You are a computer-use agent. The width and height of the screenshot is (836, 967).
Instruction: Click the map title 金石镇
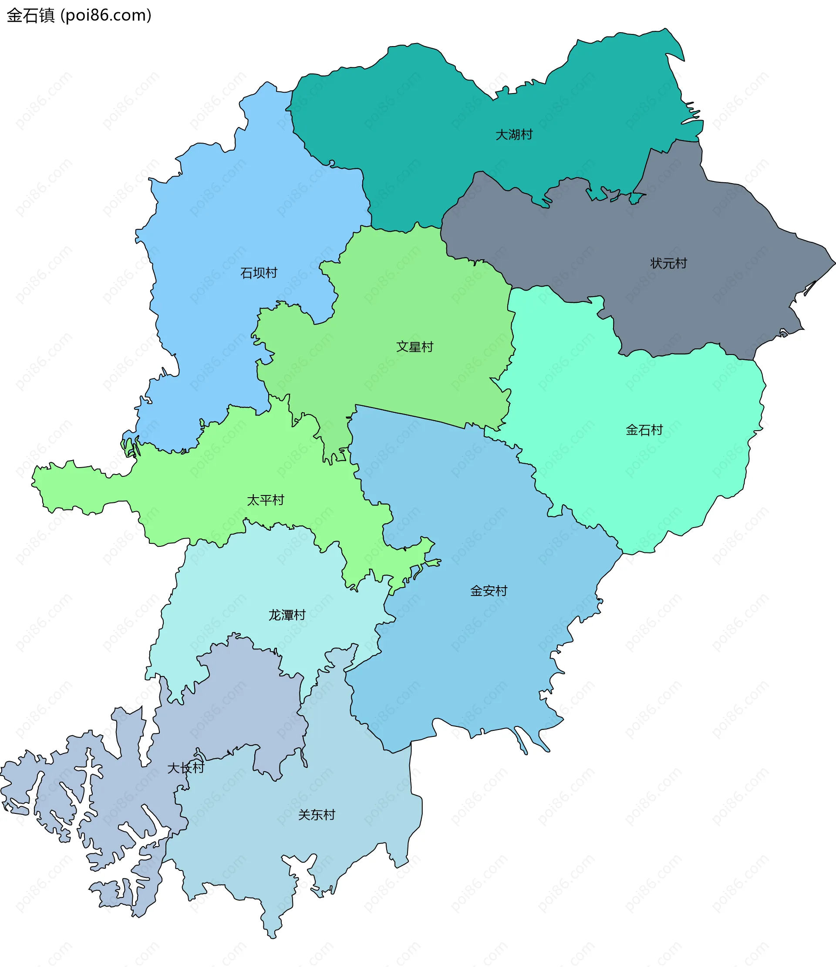tap(31, 15)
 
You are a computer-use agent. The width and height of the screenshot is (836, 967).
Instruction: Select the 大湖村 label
tap(514, 135)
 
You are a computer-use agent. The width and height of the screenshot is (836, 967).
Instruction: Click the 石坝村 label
tap(259, 273)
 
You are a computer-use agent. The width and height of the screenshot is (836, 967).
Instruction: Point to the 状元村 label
tap(668, 264)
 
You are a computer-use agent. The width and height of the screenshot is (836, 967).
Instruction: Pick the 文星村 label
tap(415, 347)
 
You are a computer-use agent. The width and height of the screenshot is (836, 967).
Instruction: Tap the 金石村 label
tap(644, 430)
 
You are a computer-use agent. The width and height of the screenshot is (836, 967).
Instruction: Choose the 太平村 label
tap(265, 500)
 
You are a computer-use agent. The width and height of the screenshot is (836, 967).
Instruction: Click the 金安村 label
tap(489, 591)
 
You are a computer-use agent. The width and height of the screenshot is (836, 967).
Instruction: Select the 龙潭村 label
tap(287, 615)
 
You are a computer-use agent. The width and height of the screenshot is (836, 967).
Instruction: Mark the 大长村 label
tap(185, 768)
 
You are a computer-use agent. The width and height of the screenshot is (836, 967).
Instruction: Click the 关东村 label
tap(317, 815)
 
